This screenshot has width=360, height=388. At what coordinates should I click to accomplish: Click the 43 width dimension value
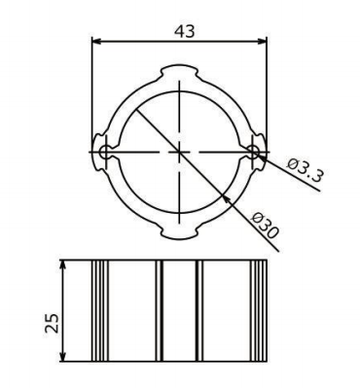[185, 31]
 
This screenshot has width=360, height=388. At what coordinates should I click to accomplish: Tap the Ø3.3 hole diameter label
[306, 169]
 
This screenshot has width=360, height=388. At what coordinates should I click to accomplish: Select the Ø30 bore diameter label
[265, 226]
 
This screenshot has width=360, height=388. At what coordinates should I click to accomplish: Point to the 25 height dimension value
[53, 323]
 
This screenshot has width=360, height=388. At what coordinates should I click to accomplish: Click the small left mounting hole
[105, 152]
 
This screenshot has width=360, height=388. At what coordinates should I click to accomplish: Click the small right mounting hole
[253, 152]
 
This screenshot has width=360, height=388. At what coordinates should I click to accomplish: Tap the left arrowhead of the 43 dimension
[97, 41]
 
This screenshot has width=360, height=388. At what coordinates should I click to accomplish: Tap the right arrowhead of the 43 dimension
[262, 41]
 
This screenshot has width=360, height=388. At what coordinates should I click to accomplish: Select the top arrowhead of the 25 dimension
[63, 265]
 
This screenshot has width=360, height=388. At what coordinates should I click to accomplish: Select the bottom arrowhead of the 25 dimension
[63, 356]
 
